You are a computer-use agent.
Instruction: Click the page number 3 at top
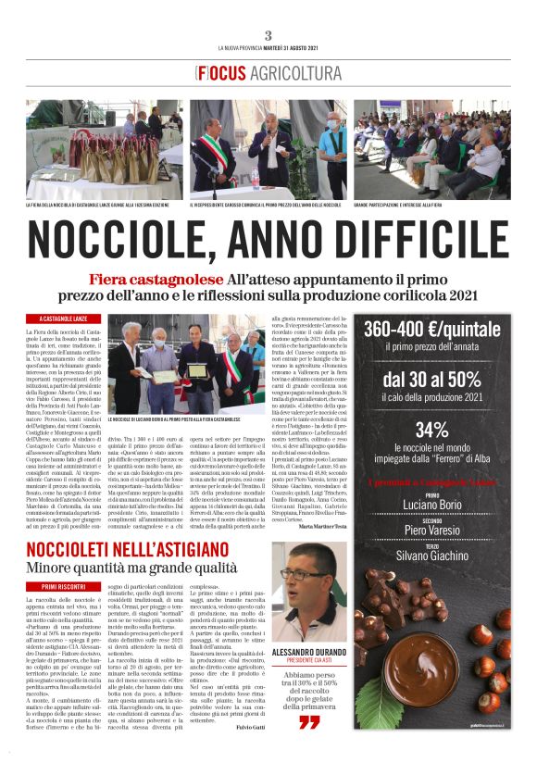pos(268,34)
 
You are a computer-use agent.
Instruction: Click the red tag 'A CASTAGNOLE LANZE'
pos(64,319)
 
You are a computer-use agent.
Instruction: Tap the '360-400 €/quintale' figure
pos(431,331)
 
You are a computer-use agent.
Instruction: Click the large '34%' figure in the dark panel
pos(431,429)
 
